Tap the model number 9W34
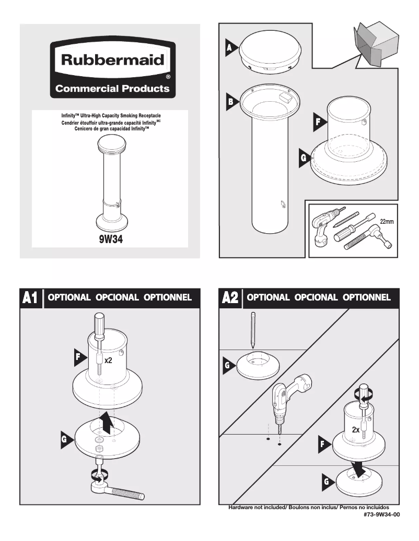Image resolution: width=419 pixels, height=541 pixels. tap(111, 239)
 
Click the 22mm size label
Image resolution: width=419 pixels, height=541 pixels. tap(387, 222)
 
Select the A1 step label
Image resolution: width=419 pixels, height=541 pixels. tap(30, 297)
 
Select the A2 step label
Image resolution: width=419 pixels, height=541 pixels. tap(230, 297)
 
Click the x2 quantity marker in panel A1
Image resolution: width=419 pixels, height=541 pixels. tap(108, 360)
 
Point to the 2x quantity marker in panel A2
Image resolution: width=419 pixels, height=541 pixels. tap(356, 430)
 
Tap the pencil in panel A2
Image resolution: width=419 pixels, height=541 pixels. tap(253, 330)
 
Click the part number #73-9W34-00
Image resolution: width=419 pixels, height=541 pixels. tap(382, 514)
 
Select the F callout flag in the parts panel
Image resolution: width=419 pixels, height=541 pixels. tap(319, 122)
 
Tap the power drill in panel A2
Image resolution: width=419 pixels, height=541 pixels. tap(289, 400)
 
